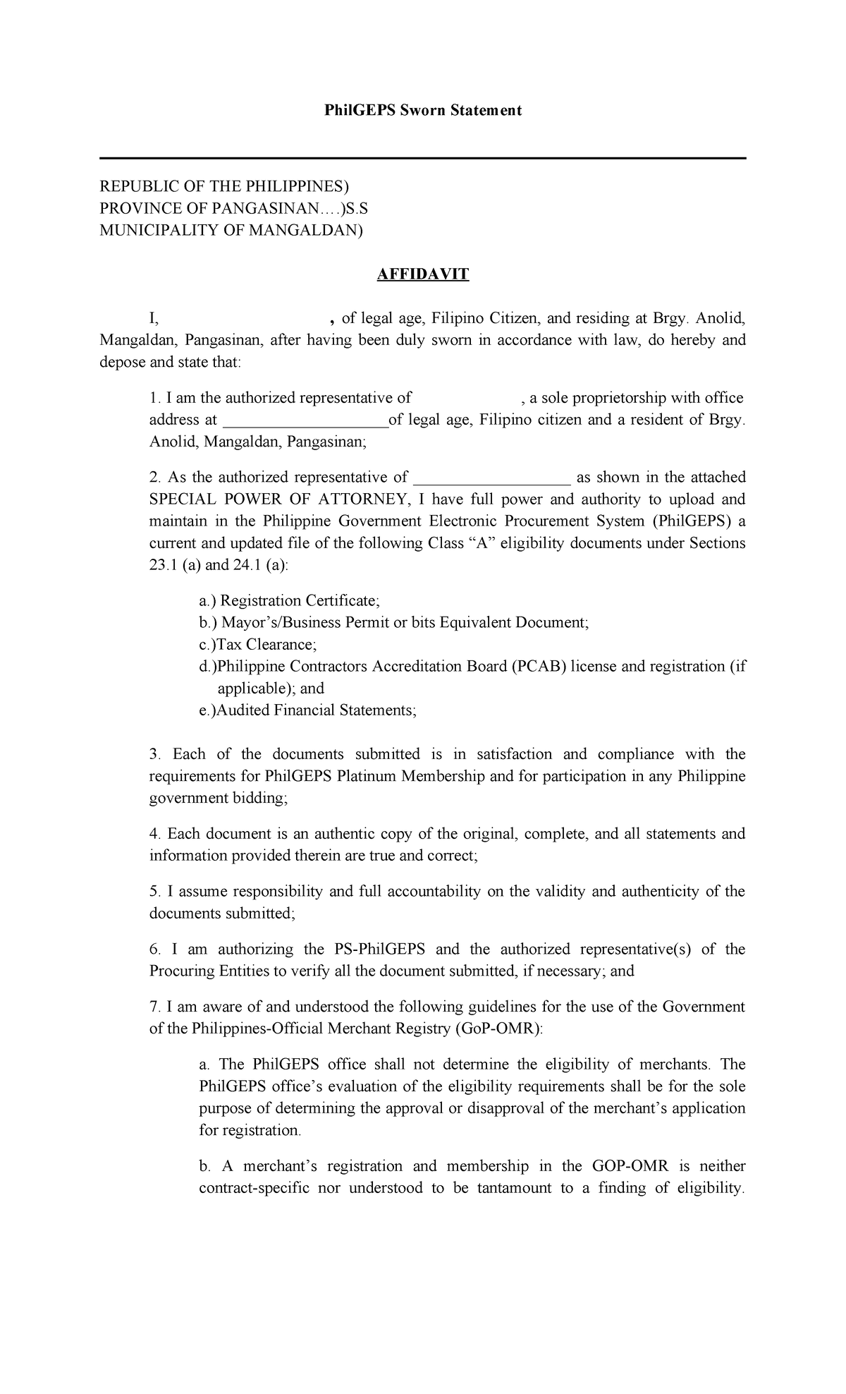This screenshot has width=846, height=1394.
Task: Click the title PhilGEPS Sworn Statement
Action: [422, 110]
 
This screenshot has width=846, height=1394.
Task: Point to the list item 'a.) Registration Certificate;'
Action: [289, 600]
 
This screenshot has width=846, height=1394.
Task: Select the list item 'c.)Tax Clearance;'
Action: [258, 644]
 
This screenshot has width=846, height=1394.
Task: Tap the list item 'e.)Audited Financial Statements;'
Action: [308, 710]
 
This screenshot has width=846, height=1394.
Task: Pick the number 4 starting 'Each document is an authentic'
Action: [154, 834]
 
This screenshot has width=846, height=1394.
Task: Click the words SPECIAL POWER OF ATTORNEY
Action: [278, 499]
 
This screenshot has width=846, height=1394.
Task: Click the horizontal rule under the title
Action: [422, 159]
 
